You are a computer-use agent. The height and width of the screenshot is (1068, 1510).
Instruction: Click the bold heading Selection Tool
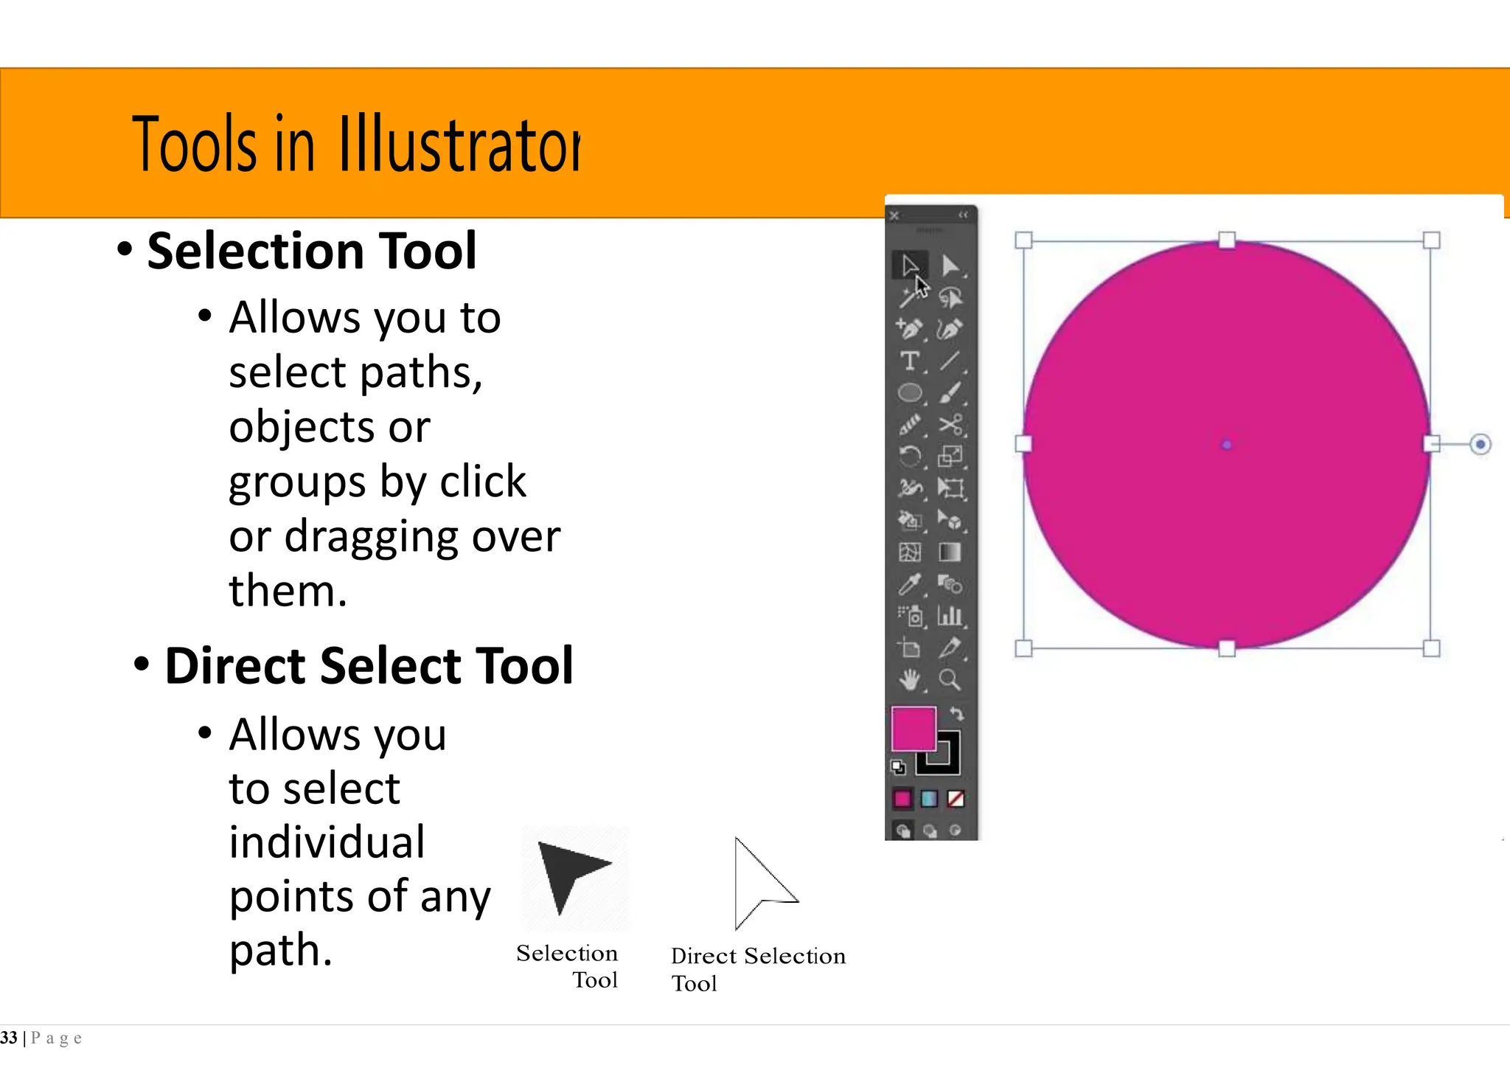click(x=311, y=251)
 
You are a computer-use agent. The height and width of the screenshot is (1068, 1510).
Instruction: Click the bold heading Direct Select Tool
click(x=368, y=665)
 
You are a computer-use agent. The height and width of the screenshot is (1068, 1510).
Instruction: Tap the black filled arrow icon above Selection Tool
click(x=570, y=875)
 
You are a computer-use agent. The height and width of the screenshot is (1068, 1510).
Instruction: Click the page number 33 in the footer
click(x=9, y=1038)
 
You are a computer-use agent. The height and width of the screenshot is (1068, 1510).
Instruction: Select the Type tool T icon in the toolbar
click(x=910, y=361)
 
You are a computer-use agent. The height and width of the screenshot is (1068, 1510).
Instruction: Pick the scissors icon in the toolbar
click(x=950, y=424)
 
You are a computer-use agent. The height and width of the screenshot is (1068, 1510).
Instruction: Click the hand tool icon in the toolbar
click(x=910, y=679)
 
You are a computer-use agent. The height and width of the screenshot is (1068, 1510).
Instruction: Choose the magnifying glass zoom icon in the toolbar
click(x=950, y=679)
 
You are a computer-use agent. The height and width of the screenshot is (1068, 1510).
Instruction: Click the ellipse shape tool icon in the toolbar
click(x=910, y=392)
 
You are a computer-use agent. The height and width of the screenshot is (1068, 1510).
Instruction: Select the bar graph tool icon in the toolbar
click(x=950, y=615)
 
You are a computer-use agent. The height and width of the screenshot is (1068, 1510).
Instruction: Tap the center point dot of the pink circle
click(x=1227, y=444)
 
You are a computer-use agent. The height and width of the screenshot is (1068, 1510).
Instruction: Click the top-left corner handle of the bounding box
click(x=1023, y=240)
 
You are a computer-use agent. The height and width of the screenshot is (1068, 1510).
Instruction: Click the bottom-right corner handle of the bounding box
click(x=1431, y=648)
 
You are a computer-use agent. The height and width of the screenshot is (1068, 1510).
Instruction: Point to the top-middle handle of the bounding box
click(x=1227, y=240)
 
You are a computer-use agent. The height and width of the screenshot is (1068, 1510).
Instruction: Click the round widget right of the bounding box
click(x=1480, y=444)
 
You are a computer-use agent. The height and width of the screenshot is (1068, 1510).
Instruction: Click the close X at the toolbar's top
click(x=894, y=215)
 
